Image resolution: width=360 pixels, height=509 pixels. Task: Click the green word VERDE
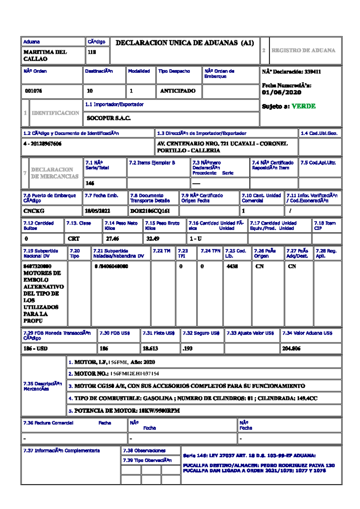tap(303, 106)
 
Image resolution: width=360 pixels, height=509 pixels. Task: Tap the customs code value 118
tap(91, 52)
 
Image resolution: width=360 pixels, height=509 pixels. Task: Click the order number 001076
tap(33, 91)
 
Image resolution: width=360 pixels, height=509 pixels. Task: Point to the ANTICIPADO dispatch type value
tap(178, 91)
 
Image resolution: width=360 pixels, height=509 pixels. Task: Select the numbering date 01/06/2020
tap(281, 92)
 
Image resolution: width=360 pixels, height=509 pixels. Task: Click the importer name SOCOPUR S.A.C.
tap(109, 118)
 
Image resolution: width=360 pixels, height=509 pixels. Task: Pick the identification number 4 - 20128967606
tap(42, 144)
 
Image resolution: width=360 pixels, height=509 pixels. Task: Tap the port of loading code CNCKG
tap(34, 211)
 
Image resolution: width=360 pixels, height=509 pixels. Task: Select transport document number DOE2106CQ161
tap(150, 211)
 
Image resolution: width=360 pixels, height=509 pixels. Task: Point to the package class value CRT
tap(73, 239)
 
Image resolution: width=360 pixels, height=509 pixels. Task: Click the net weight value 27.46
tap(112, 239)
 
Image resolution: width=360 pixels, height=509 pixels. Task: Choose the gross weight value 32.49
tap(153, 239)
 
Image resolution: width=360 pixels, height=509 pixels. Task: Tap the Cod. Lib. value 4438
tap(232, 267)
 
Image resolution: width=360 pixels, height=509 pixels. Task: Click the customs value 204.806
tap(291, 349)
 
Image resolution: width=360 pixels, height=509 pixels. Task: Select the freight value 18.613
tap(150, 349)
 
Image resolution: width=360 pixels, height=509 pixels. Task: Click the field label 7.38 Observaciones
tap(144, 451)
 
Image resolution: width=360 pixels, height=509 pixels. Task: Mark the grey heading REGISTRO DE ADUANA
tap(303, 50)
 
